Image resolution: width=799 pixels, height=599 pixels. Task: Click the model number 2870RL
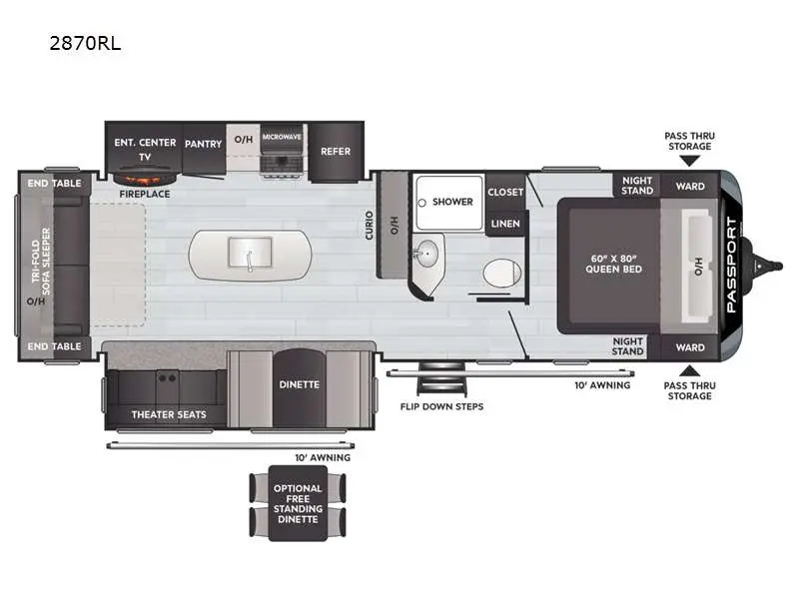click(85, 43)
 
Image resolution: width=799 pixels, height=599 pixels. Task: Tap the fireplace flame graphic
click(145, 179)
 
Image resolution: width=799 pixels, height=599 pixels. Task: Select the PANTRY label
click(204, 144)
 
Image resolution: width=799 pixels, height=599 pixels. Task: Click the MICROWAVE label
click(282, 137)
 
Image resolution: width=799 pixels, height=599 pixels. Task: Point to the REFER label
click(336, 152)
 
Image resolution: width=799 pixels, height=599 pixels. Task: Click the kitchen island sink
click(250, 254)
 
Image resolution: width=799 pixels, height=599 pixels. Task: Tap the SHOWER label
click(452, 202)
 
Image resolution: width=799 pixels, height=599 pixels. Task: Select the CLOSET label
click(505, 192)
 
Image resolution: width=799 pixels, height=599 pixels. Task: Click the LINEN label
click(505, 224)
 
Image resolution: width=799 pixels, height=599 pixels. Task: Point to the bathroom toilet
click(502, 274)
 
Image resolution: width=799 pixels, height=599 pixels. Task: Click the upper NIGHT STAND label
click(637, 186)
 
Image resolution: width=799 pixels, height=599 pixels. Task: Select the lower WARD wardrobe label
click(690, 347)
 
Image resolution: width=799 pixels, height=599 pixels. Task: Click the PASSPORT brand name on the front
click(731, 265)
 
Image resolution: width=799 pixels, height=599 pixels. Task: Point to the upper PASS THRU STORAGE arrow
click(690, 161)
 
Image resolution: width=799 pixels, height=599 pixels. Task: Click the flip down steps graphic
click(441, 379)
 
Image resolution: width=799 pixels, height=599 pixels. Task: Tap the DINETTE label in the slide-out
click(299, 384)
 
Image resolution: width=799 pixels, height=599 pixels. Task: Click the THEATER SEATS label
click(169, 414)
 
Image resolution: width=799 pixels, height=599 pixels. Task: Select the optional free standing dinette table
click(298, 503)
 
